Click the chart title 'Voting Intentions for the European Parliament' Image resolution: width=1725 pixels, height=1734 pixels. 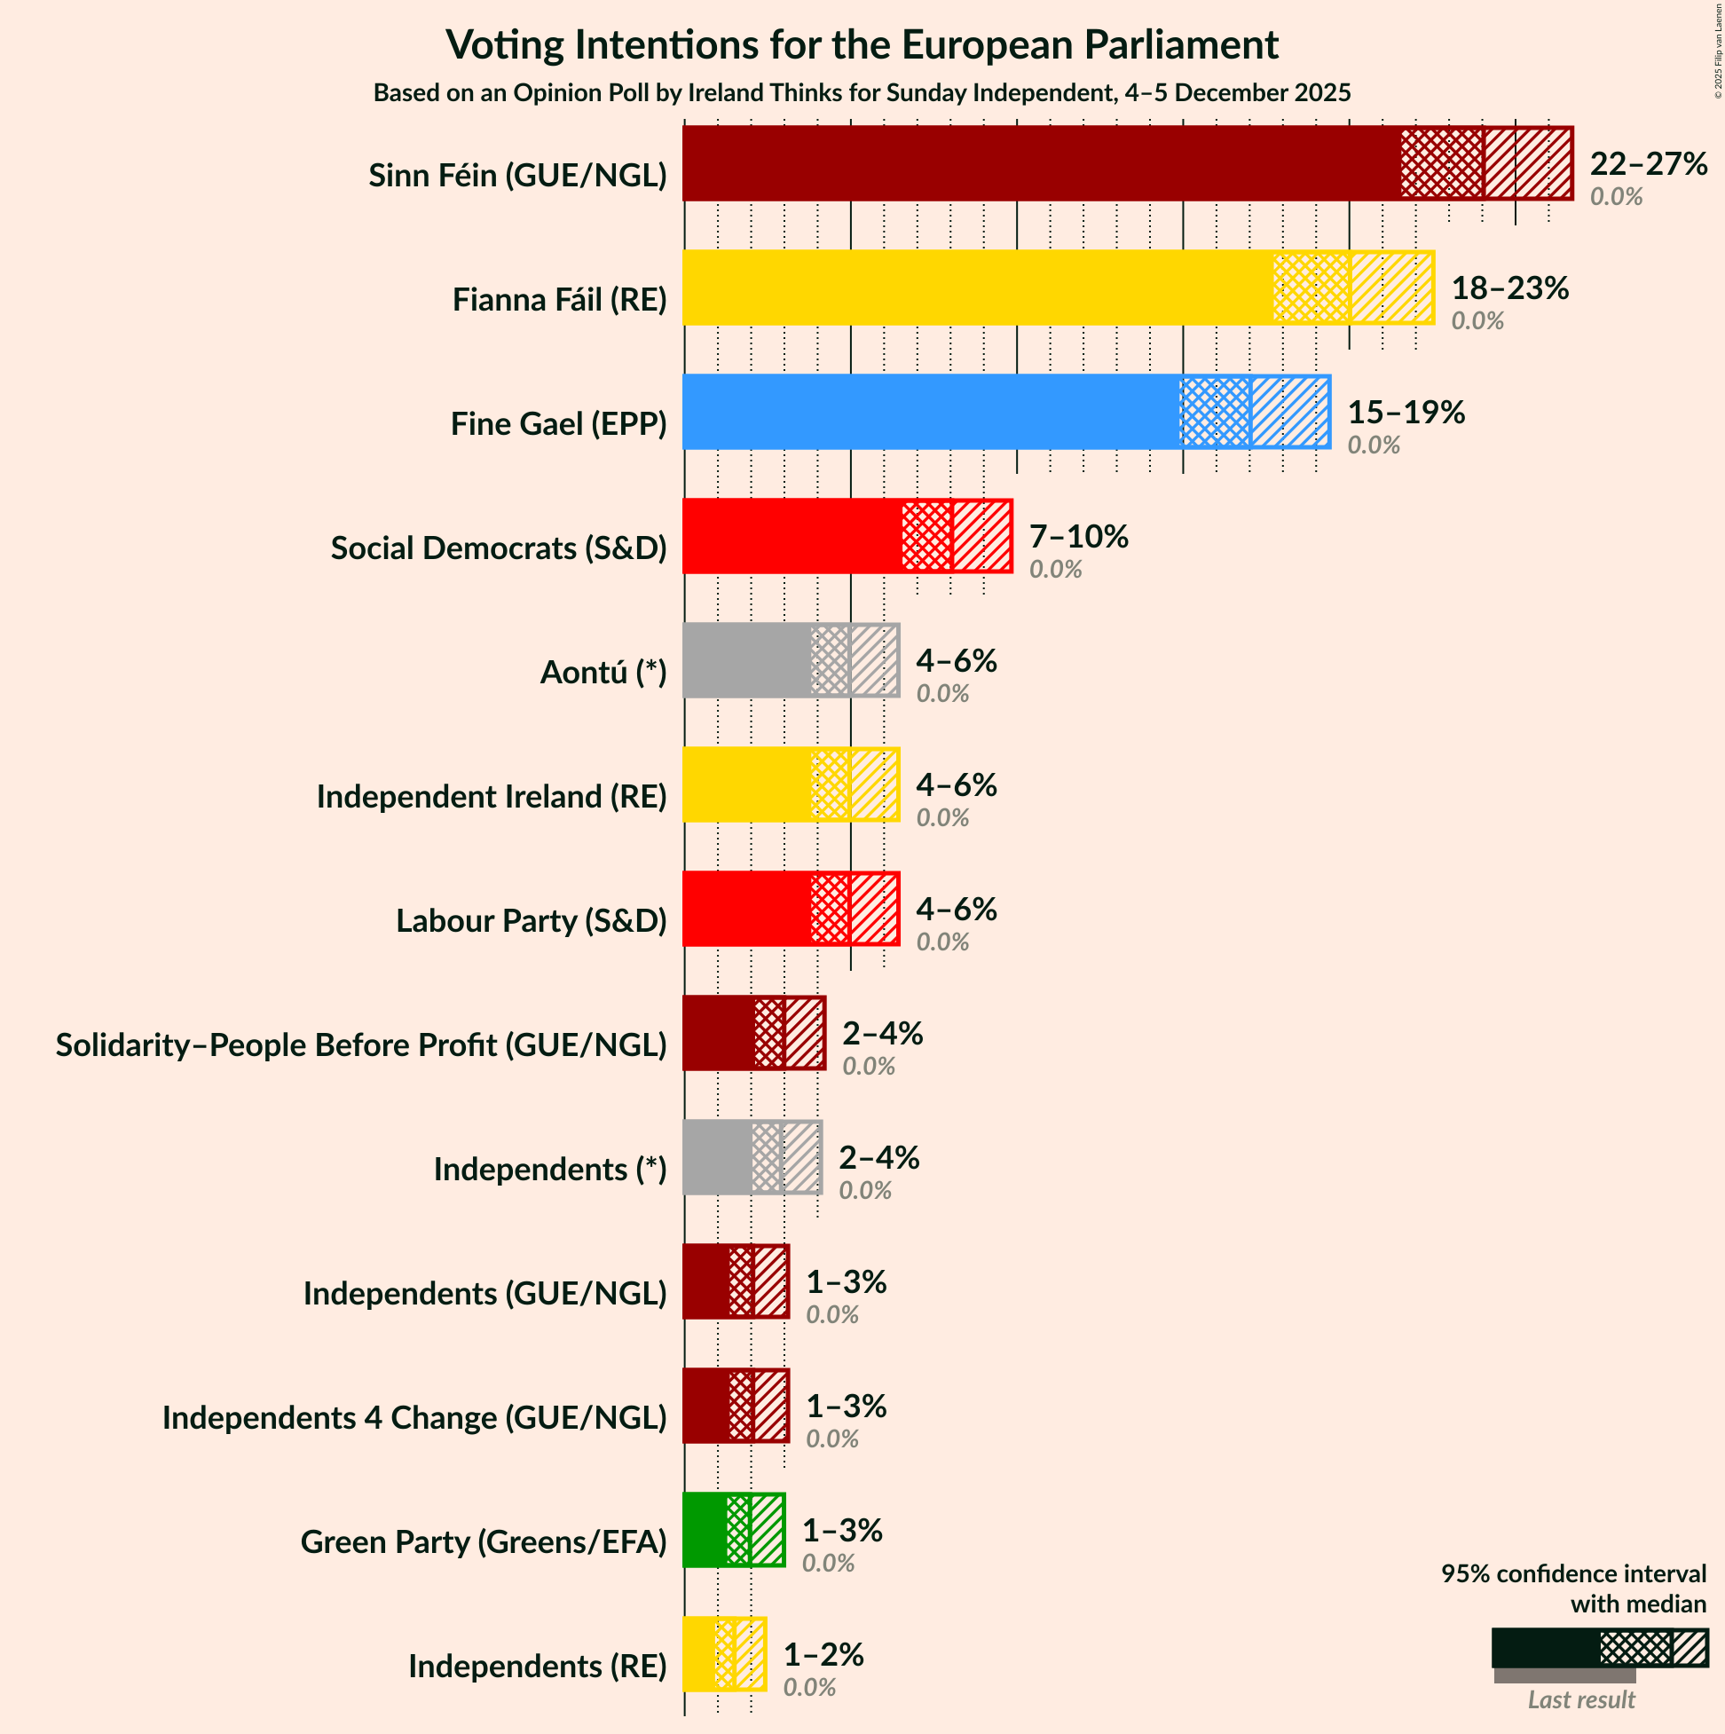tap(862, 45)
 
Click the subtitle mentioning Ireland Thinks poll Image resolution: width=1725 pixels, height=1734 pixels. tap(862, 93)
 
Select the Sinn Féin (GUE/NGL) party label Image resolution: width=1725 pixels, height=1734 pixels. tap(518, 175)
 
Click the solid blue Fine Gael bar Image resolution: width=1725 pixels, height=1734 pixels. tap(930, 412)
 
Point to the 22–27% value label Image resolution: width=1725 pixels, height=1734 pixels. tap(1648, 164)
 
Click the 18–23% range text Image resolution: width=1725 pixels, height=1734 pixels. tap(1509, 288)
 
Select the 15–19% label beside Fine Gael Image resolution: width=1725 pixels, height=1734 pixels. tap(1406, 412)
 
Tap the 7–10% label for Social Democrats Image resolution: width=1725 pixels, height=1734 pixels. tap(1078, 537)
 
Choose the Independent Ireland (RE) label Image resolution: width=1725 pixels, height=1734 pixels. tap(491, 796)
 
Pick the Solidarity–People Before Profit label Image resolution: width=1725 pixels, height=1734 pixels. tap(361, 1044)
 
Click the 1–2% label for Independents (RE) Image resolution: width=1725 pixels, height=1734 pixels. tap(823, 1654)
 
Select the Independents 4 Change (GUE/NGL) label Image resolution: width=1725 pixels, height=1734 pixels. tap(414, 1417)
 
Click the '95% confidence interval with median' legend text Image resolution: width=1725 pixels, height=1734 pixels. tap(1572, 1588)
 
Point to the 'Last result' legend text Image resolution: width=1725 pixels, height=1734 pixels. tap(1581, 1700)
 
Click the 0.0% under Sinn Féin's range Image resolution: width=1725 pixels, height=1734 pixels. tap(1616, 196)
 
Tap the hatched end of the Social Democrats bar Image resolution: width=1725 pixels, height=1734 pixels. tap(981, 537)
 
